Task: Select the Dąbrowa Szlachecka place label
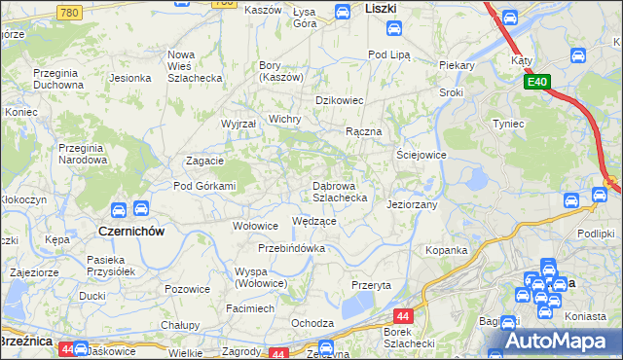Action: point(339,191)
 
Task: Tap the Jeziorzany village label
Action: point(412,205)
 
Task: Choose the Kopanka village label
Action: point(446,250)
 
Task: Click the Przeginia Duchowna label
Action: point(61,78)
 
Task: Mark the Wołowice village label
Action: point(255,226)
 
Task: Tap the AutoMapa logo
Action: point(561,341)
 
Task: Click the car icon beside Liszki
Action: point(343,12)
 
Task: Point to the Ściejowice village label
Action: point(421,155)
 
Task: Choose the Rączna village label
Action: point(363,131)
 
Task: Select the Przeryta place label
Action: point(371,285)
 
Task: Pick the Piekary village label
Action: point(456,65)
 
